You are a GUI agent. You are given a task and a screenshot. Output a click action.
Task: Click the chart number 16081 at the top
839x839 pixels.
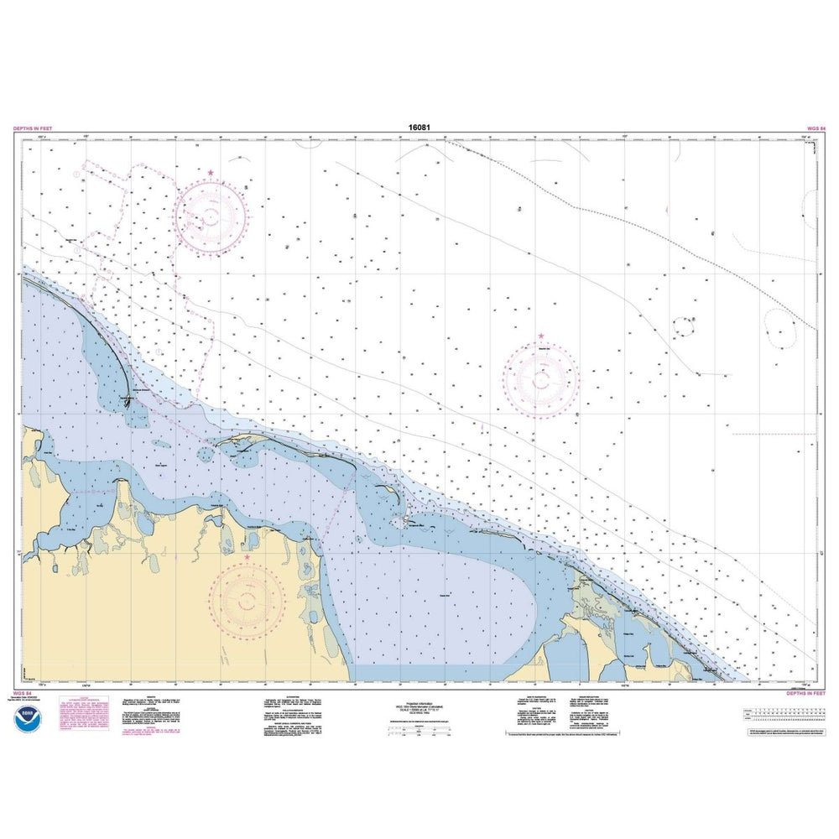420,128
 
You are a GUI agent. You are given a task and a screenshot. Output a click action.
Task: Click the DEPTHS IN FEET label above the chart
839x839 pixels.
31,128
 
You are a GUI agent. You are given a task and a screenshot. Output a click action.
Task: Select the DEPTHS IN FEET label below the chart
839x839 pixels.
806,694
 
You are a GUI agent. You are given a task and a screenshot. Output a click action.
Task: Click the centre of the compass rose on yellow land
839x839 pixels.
248,599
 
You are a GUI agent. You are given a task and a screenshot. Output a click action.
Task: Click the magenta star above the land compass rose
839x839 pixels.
247,556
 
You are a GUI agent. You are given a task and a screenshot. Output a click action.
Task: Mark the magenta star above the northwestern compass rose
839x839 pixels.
210,174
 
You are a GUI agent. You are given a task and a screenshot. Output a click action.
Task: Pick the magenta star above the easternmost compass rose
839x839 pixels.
541,337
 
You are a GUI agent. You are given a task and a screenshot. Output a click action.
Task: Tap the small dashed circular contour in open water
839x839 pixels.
685,323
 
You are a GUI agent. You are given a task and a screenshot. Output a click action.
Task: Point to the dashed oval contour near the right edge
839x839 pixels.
780,325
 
